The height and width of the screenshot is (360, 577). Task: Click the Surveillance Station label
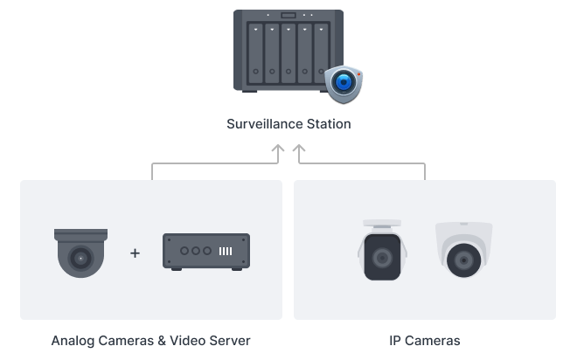[288, 124]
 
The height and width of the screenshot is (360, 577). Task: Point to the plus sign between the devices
[135, 253]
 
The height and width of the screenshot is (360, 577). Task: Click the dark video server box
[206, 252]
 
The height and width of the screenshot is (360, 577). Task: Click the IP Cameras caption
[425, 339]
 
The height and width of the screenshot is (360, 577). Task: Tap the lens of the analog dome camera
[80, 259]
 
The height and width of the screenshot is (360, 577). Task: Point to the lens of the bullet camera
[383, 260]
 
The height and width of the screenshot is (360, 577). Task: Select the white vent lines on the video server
[226, 251]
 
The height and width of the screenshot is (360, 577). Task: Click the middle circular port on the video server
[194, 251]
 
